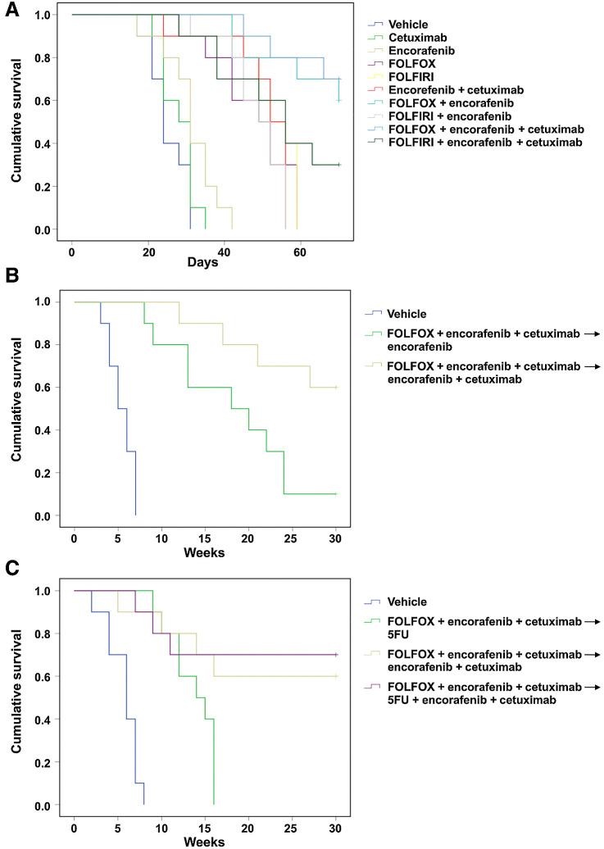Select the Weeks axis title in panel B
(x=205, y=552)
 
